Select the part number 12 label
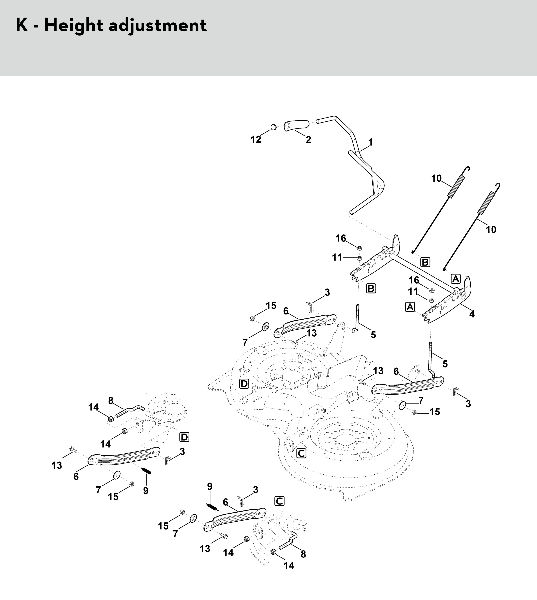point(256,140)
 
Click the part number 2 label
point(308,140)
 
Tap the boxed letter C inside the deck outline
point(301,453)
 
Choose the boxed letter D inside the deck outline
point(244,384)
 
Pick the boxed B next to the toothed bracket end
point(371,288)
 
